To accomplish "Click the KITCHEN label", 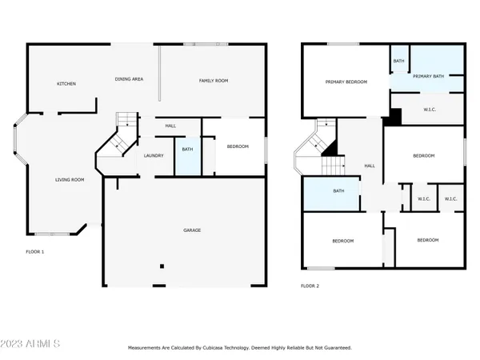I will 66,84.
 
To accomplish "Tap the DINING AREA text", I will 130,79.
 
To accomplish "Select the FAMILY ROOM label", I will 214,81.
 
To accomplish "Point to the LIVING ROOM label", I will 69,180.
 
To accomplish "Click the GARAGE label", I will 191,230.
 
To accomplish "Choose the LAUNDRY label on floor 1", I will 154,156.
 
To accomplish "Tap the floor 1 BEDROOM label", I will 238,146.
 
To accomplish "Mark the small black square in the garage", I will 162,266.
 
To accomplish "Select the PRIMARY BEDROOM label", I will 346,82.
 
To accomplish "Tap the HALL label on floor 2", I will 370,166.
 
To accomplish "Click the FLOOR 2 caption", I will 310,286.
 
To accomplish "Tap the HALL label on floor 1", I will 170,126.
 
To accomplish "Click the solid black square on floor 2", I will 394,118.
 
